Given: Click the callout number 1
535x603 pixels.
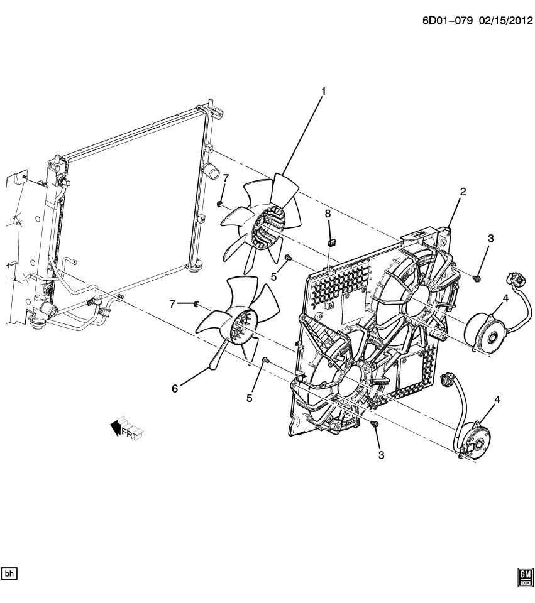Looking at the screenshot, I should tap(324, 92).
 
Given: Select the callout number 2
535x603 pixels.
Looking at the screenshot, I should tap(463, 192).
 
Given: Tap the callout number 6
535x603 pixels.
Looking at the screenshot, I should tap(175, 389).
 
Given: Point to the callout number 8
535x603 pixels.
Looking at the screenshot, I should tap(328, 214).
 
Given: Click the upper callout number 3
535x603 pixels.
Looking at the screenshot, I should tap(491, 238).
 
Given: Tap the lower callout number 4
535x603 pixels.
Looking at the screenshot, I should tap(497, 399).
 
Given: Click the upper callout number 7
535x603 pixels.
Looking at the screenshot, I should tap(226, 179).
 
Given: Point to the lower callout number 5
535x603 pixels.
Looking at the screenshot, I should tap(250, 398).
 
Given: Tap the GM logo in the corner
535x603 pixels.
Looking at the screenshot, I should tap(524, 577).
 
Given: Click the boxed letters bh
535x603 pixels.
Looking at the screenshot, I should tap(10, 573).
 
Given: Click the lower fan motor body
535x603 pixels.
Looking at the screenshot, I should tap(472, 444).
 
